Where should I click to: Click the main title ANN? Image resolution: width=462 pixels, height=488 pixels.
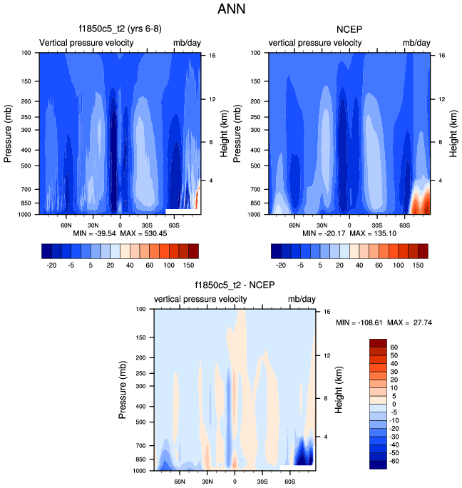click(231, 10)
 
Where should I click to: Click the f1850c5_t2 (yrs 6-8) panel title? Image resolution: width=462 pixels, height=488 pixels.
click(120, 29)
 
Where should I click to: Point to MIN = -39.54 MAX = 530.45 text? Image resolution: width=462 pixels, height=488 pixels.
click(120, 233)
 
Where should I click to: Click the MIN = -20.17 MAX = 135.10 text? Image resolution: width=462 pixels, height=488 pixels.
click(349, 233)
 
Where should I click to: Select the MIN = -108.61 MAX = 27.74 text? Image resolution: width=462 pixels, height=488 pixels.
click(384, 323)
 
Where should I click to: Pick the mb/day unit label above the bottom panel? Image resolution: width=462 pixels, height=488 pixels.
click(302, 300)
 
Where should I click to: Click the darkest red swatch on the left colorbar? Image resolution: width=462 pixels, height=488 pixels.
click(193, 250)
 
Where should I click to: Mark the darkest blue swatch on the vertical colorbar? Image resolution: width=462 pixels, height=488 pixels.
click(378, 464)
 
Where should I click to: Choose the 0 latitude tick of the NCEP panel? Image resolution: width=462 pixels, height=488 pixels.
click(349, 223)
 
